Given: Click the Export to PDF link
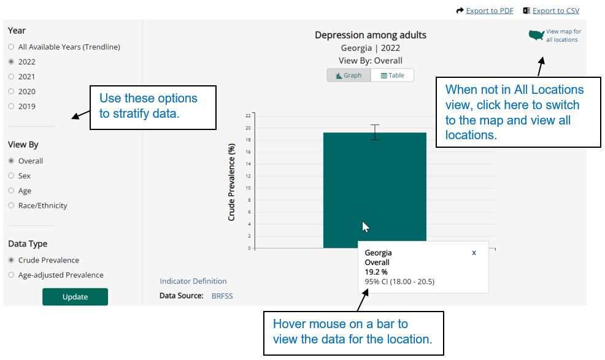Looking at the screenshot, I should [x=489, y=11].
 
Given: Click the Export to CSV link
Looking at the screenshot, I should [x=555, y=11].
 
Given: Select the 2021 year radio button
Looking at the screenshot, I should [x=11, y=77].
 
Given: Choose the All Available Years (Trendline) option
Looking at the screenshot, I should [x=11, y=47].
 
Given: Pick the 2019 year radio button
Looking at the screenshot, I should [x=11, y=106].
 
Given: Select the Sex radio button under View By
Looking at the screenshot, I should [x=11, y=176].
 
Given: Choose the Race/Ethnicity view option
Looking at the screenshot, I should [x=11, y=205].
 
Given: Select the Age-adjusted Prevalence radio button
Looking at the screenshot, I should [x=11, y=275].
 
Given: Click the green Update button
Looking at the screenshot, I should [x=75, y=297].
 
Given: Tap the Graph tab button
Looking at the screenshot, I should [x=349, y=75].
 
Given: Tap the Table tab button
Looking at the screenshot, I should [x=392, y=75].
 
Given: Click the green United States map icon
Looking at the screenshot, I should [x=536, y=36].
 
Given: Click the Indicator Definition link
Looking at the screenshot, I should [x=193, y=281].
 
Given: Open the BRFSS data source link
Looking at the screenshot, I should [x=222, y=296].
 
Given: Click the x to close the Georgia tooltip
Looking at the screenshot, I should [x=474, y=253].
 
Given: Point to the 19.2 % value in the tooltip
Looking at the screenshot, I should [x=376, y=272].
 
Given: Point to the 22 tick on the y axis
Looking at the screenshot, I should [x=248, y=115].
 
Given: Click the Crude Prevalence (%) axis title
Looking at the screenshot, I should [x=232, y=182].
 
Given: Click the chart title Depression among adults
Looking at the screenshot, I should [x=370, y=35].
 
